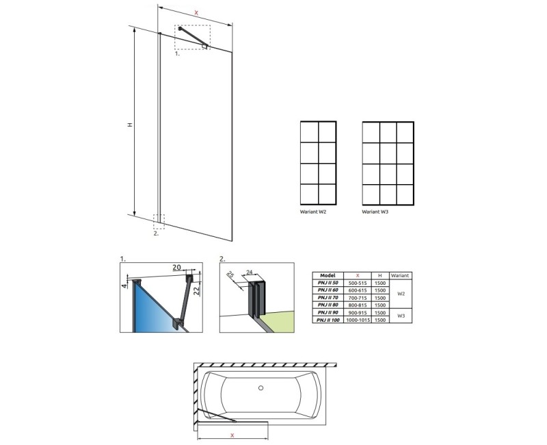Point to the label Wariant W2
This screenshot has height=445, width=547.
pos(314,212)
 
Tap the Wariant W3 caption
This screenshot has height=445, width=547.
pos(375,212)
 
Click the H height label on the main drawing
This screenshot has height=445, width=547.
pos(129,125)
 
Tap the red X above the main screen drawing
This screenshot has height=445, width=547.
pos(196,12)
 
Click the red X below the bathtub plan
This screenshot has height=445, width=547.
pos(233,434)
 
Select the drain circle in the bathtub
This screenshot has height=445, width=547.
pos(261,390)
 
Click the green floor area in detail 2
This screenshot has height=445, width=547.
pos(277,316)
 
